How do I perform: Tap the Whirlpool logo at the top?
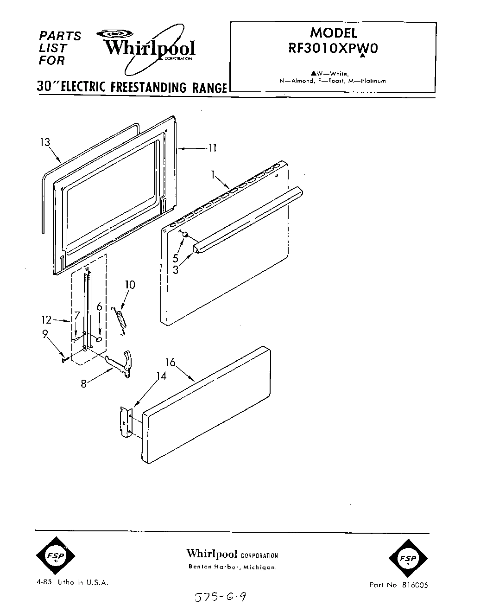click(148, 48)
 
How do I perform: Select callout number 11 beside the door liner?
click(212, 148)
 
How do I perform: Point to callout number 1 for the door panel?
click(213, 175)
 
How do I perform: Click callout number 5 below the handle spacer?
click(176, 258)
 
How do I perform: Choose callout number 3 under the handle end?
click(176, 269)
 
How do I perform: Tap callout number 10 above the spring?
click(130, 284)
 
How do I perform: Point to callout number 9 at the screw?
click(45, 334)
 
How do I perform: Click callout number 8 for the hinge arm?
click(83, 384)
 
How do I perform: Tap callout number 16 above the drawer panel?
click(171, 362)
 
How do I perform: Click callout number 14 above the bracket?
click(161, 376)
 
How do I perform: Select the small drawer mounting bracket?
click(126, 422)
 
